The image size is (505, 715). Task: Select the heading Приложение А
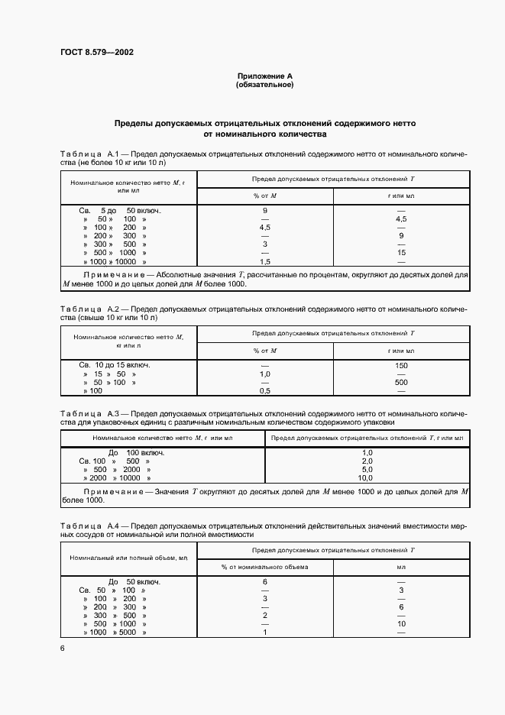(x=264, y=76)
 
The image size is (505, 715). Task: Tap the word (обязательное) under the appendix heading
(x=264, y=85)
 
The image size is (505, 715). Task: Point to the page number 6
(x=63, y=648)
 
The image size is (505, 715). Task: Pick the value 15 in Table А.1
(x=401, y=252)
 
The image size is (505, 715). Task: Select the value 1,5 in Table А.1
(x=265, y=261)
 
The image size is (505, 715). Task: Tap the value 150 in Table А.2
(x=401, y=365)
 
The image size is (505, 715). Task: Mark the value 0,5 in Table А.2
(x=265, y=390)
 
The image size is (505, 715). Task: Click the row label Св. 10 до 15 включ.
(x=115, y=365)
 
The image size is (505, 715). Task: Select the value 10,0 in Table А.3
(x=367, y=477)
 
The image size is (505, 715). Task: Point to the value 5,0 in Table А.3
(x=367, y=469)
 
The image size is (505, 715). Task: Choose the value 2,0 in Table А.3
(x=367, y=461)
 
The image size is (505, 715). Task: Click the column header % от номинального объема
(x=265, y=567)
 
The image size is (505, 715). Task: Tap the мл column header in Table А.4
(x=401, y=567)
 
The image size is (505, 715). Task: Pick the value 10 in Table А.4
(x=401, y=624)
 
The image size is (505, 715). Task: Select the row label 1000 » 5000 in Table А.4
(x=115, y=632)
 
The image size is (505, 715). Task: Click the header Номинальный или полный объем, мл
(x=128, y=558)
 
